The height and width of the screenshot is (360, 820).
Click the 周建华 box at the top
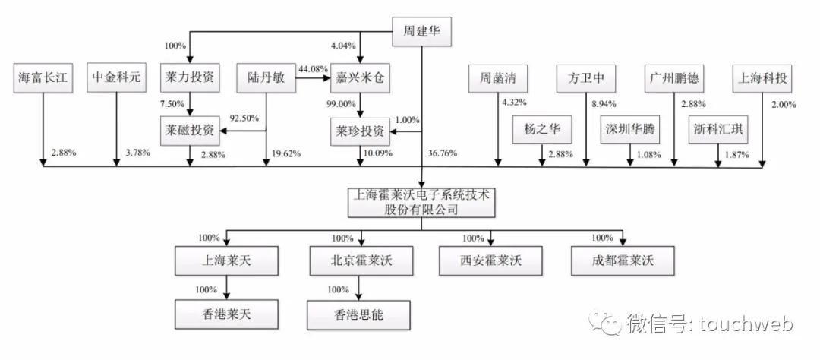pyautogui.click(x=421, y=33)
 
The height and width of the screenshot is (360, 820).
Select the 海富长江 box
pyautogui.click(x=44, y=77)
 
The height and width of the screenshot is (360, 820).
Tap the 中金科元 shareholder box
pyautogui.click(x=116, y=77)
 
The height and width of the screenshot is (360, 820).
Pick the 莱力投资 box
pyautogui.click(x=189, y=77)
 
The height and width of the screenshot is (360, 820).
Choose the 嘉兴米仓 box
pyautogui.click(x=361, y=77)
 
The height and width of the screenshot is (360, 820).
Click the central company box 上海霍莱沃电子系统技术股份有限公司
pyautogui.click(x=421, y=202)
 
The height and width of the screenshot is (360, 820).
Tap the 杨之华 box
pyautogui.click(x=541, y=130)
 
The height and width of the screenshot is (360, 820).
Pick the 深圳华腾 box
pyautogui.click(x=629, y=130)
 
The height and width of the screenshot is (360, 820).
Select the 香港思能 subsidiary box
pyautogui.click(x=359, y=314)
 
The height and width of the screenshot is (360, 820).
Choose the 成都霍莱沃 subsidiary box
pyautogui.click(x=623, y=261)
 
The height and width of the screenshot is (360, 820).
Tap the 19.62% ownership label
pyautogui.click(x=285, y=154)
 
